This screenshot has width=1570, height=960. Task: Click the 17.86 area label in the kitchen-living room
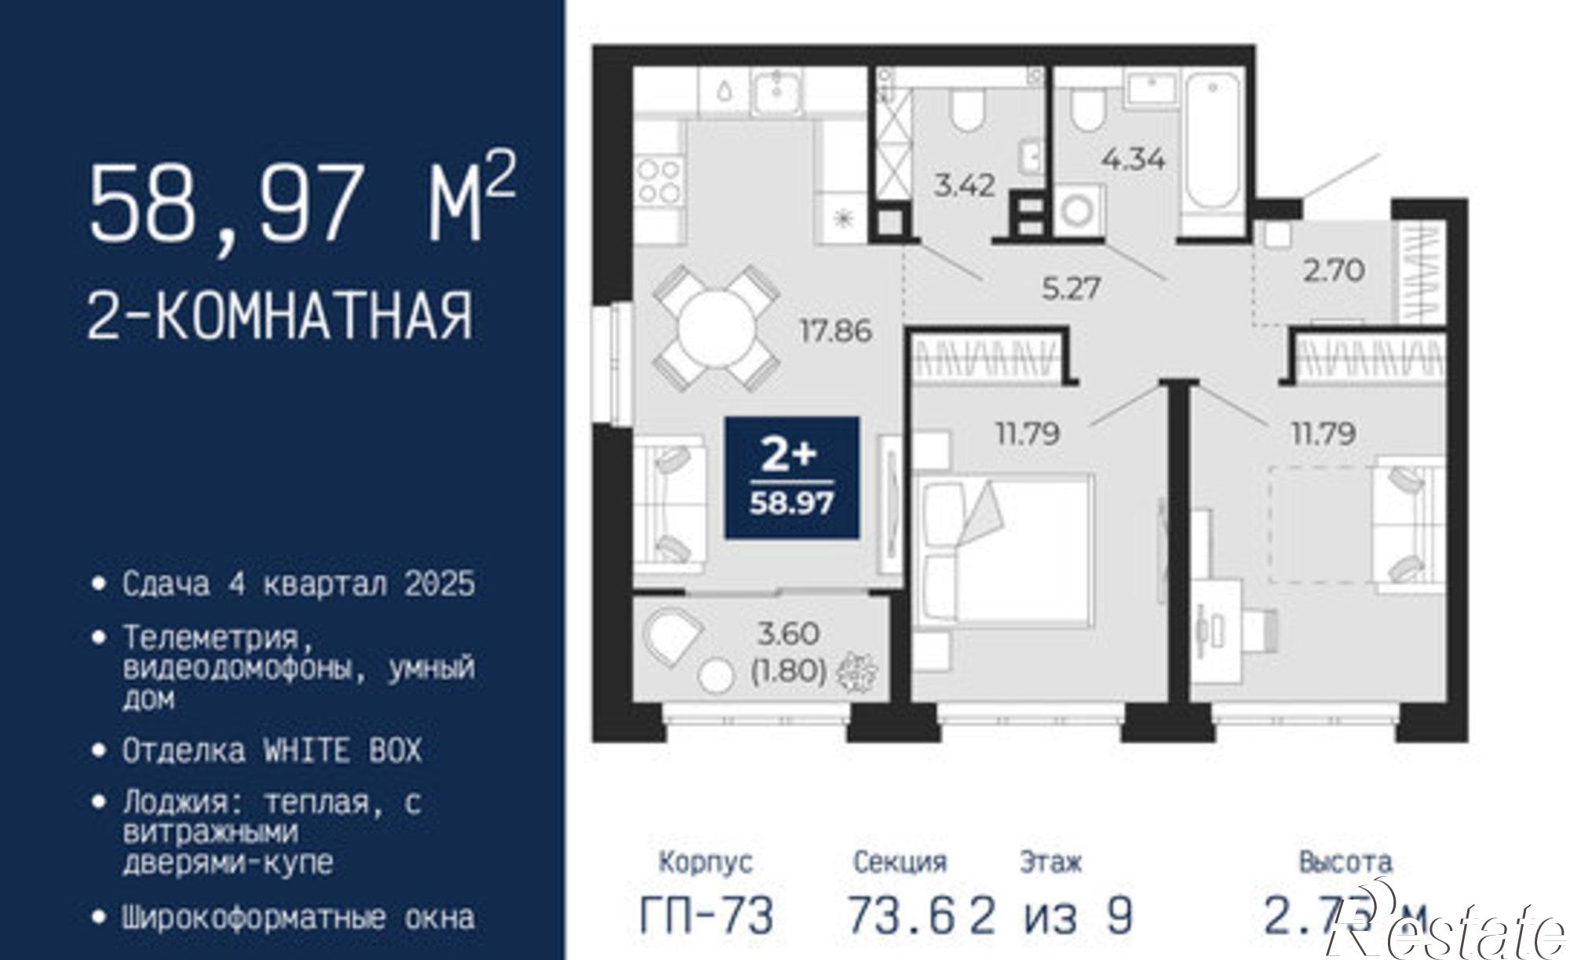tap(835, 330)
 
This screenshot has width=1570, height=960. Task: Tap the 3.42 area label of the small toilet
tap(964, 185)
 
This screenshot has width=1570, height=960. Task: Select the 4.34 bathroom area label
tap(1133, 159)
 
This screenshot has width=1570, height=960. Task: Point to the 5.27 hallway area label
tap(1071, 288)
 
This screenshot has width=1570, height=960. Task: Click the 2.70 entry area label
tap(1334, 271)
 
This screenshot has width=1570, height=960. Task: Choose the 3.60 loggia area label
tap(788, 633)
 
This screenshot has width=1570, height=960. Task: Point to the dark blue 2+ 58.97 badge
tap(791, 478)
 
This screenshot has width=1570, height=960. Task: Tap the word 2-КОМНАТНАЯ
tap(280, 316)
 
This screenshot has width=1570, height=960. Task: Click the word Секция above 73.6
tap(900, 862)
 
